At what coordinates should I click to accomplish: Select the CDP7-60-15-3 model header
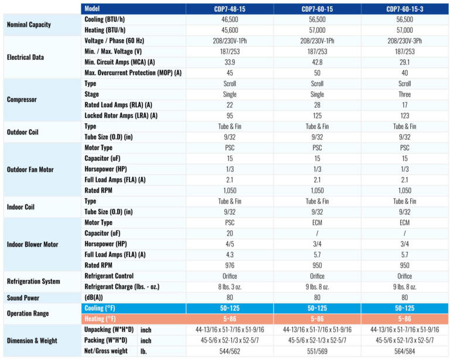(x=404, y=9)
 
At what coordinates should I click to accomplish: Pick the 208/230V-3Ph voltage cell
(x=404, y=41)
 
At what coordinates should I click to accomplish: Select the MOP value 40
(x=404, y=73)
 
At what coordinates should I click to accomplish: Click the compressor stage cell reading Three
(x=404, y=94)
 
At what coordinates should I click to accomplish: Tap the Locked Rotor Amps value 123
(x=404, y=116)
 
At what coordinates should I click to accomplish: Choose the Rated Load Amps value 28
(x=317, y=105)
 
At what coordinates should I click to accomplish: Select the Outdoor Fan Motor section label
(x=30, y=169)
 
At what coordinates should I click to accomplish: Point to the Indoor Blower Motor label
(x=33, y=244)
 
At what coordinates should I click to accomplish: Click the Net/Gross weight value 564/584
(x=404, y=351)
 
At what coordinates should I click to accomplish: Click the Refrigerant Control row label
(x=109, y=276)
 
